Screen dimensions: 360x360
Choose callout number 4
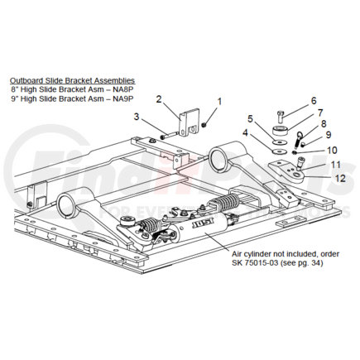245,132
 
